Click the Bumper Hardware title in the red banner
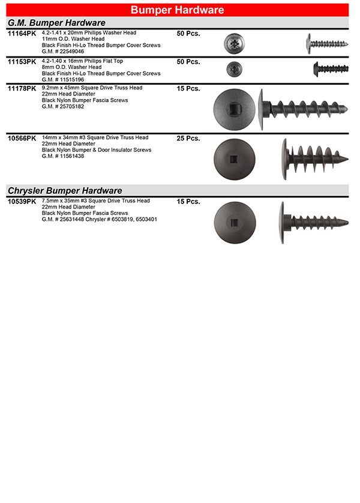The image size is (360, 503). [177, 10]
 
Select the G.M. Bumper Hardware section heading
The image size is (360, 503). [56, 23]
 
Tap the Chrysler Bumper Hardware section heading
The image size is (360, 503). [64, 190]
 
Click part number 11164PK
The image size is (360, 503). [22, 34]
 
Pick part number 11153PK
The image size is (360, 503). [22, 62]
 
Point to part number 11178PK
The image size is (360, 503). [22, 88]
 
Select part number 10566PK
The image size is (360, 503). [22, 139]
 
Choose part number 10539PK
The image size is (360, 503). [22, 202]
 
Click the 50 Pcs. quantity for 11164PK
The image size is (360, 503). [188, 34]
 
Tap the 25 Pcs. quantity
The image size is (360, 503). [188, 139]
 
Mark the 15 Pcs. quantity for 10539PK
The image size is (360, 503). [188, 202]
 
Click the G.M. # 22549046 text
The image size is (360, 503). [64, 51]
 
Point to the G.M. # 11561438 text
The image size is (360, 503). [64, 156]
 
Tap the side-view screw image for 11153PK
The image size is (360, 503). [330, 69]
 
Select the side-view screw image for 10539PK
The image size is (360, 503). [313, 223]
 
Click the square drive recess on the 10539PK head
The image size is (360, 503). [235, 223]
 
